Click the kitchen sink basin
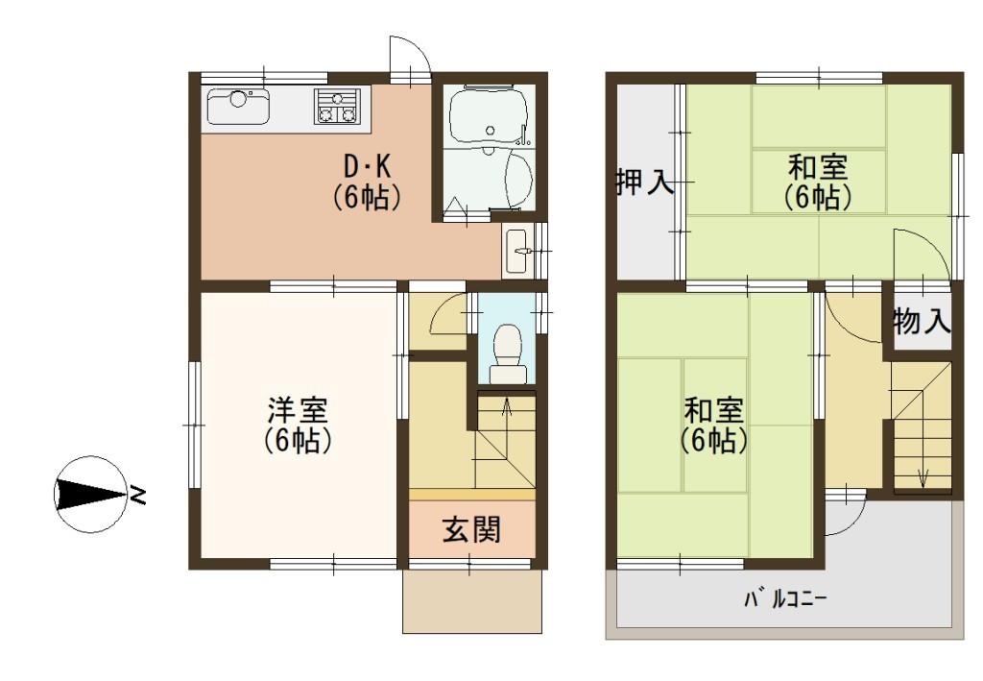238,106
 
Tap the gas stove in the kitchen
337,106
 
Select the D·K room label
367,167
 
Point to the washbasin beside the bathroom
515,252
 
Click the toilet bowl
507,353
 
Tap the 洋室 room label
298,411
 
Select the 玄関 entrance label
471,530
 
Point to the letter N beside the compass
137,496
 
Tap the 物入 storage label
922,322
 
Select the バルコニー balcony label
785,599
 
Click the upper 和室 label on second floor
818,167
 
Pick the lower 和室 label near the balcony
713,411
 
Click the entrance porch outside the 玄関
472,601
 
